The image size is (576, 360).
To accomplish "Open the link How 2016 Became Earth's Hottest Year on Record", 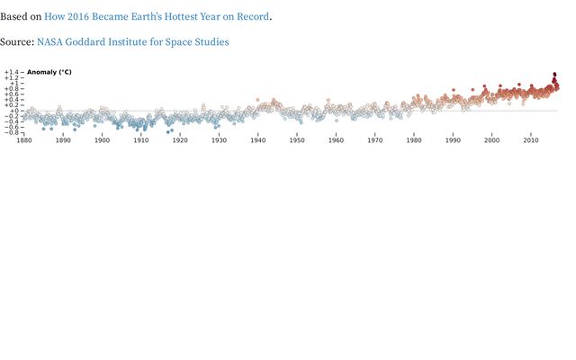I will [157, 16].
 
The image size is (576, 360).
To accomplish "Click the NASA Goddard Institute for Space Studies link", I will [132, 42].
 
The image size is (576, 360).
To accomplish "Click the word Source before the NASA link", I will [16, 42].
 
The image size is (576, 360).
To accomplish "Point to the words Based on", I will [20, 16].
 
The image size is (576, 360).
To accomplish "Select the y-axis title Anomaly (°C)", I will [49, 72].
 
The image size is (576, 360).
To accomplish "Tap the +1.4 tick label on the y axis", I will [11, 72].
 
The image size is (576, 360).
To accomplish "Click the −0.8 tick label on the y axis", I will [11, 133].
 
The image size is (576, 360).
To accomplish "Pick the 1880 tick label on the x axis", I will [24, 140].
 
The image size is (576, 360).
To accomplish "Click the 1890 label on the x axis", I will [63, 140].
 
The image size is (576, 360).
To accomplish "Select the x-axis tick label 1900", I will [103, 140].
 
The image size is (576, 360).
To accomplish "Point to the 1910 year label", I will [141, 140].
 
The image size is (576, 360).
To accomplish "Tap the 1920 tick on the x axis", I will [180, 140].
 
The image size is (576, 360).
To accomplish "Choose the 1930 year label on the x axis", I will [219, 140].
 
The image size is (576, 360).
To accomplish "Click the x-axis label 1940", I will [258, 140].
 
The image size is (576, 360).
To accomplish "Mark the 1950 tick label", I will [297, 140].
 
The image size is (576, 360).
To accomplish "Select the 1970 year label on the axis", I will [375, 140].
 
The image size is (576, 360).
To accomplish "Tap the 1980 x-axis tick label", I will [414, 140].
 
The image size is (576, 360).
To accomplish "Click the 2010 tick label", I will [531, 140].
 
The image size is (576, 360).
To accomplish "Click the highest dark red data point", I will [554, 74].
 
